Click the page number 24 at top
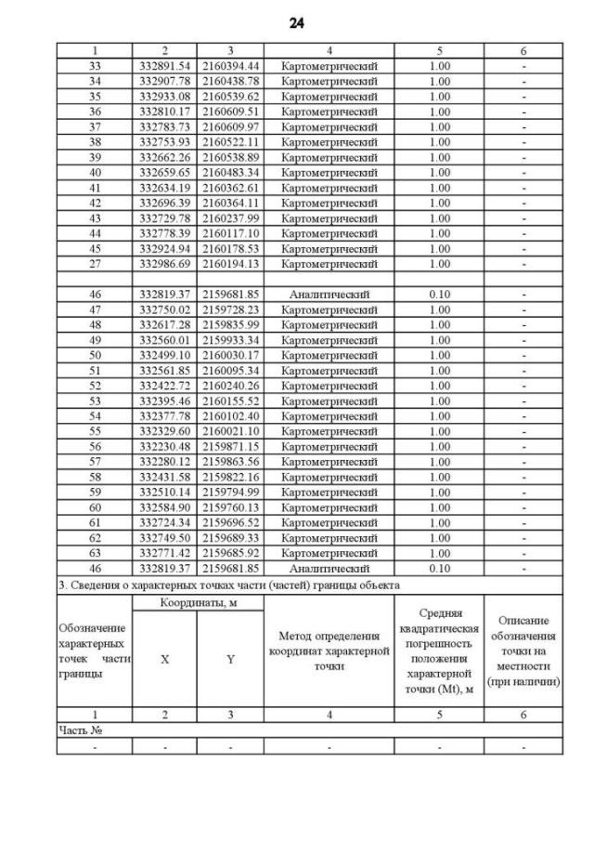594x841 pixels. tap(297, 21)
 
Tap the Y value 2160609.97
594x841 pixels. tap(230, 126)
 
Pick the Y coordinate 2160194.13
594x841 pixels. tap(230, 263)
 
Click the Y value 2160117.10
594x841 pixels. tap(230, 232)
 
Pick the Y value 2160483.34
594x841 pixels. tap(230, 172)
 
